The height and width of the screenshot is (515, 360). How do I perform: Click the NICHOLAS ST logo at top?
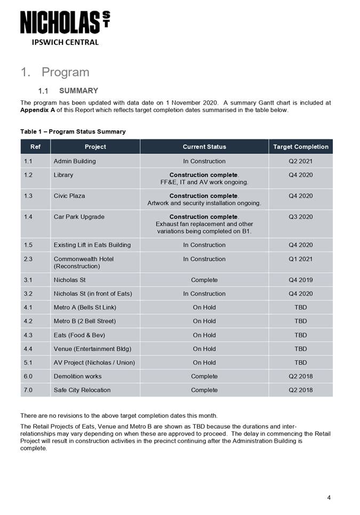tap(65, 23)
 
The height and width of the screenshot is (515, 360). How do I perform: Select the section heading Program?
tap(65, 72)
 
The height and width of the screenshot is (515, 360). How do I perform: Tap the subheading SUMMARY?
tap(78, 91)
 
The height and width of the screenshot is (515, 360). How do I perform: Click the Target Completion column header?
tap(300, 147)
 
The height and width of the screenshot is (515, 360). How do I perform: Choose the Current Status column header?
tap(204, 147)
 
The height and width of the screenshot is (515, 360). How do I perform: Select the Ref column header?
tap(35, 147)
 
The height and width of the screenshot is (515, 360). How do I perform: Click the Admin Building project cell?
tap(75, 161)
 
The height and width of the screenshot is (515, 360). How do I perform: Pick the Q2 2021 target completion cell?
tap(300, 161)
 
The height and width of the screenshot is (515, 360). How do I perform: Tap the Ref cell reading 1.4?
tap(28, 217)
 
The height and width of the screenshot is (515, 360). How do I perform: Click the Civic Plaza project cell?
tap(69, 196)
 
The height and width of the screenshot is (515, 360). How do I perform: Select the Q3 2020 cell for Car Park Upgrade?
tap(300, 217)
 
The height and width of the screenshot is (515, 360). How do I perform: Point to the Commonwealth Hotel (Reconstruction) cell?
tap(84, 263)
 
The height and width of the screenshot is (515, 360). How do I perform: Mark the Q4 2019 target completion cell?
tap(300, 280)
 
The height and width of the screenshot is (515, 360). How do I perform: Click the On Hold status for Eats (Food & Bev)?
tap(204, 335)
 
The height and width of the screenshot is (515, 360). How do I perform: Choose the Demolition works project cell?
tap(77, 376)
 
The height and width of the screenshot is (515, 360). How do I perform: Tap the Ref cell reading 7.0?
tap(28, 390)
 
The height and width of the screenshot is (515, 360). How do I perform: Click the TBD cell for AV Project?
tap(300, 363)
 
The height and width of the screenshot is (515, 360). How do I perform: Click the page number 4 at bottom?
tap(329, 498)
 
